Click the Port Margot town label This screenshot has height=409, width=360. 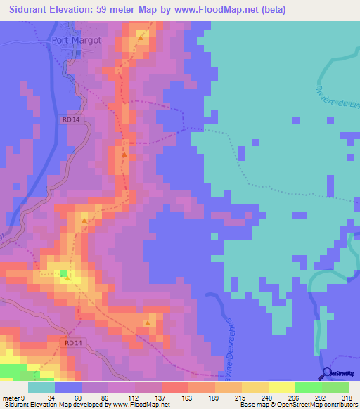[x=77, y=40]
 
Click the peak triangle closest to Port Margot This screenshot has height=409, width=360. [x=141, y=38]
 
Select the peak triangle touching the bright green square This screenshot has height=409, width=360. [x=67, y=278]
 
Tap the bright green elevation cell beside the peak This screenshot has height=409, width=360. [x=63, y=273]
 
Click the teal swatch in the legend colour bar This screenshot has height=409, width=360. [x=41, y=387]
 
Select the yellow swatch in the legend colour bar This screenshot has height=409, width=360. [x=281, y=387]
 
